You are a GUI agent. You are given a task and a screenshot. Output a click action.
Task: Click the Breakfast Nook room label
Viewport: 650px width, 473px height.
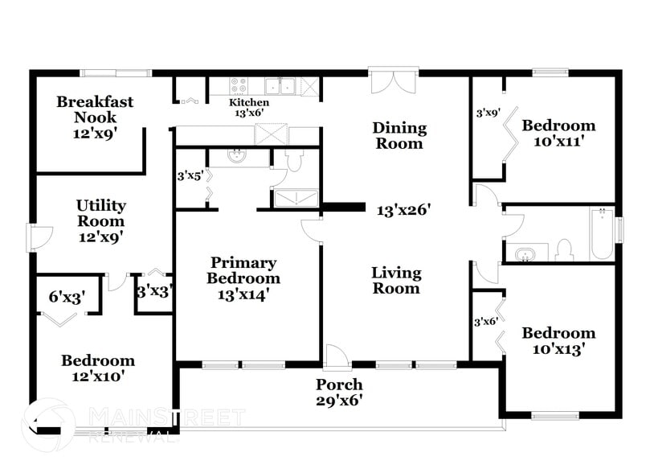click(95, 117)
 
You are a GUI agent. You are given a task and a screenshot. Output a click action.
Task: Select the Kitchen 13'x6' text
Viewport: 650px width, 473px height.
click(249, 108)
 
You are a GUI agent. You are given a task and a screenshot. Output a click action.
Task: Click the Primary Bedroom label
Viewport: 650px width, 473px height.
click(243, 278)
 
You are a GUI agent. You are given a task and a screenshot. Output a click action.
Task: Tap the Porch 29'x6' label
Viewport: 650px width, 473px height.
click(338, 392)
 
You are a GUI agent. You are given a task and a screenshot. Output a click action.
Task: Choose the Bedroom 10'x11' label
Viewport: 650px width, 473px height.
click(558, 134)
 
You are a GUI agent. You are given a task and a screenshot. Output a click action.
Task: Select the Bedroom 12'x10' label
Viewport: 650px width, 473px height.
click(98, 368)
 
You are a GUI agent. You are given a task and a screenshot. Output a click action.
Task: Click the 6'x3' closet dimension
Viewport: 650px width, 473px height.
click(67, 297)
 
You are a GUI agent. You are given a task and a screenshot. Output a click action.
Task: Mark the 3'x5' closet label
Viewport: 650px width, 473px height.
click(190, 175)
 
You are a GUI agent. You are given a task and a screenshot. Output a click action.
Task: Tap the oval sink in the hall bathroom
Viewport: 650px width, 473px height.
click(526, 254)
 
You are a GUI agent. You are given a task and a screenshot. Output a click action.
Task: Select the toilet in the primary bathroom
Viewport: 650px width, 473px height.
click(293, 162)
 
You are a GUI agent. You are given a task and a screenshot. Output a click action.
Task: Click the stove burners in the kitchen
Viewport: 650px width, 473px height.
click(239, 84)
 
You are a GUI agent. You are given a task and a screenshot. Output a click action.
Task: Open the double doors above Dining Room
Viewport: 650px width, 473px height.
click(394, 82)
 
